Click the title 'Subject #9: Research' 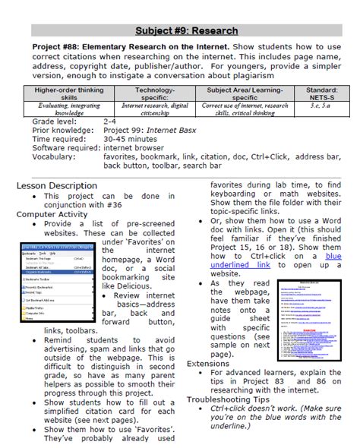(x=186, y=31)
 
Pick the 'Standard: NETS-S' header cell (x=316, y=94)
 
